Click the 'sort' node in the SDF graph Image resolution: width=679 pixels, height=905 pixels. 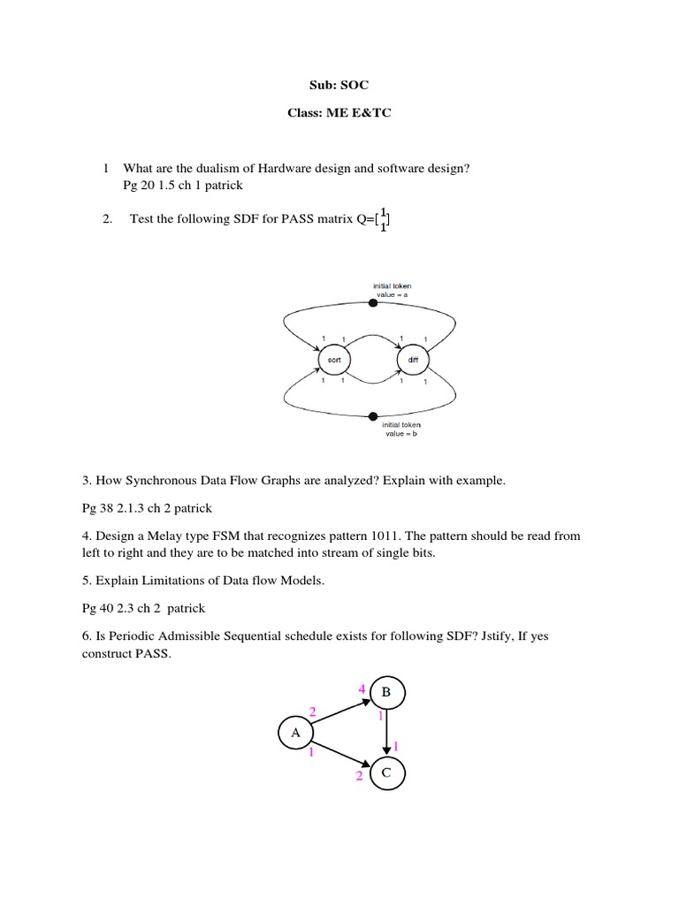point(334,361)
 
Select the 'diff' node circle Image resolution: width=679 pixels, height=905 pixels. point(413,361)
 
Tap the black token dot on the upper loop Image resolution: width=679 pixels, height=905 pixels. point(373,303)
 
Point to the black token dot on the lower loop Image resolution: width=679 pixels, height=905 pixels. point(373,415)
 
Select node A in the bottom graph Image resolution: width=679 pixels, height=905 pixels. point(295,733)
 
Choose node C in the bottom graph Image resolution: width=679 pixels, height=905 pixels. point(386,773)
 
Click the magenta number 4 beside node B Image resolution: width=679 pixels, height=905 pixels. point(362,688)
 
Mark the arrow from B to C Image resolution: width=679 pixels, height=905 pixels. point(386,734)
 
